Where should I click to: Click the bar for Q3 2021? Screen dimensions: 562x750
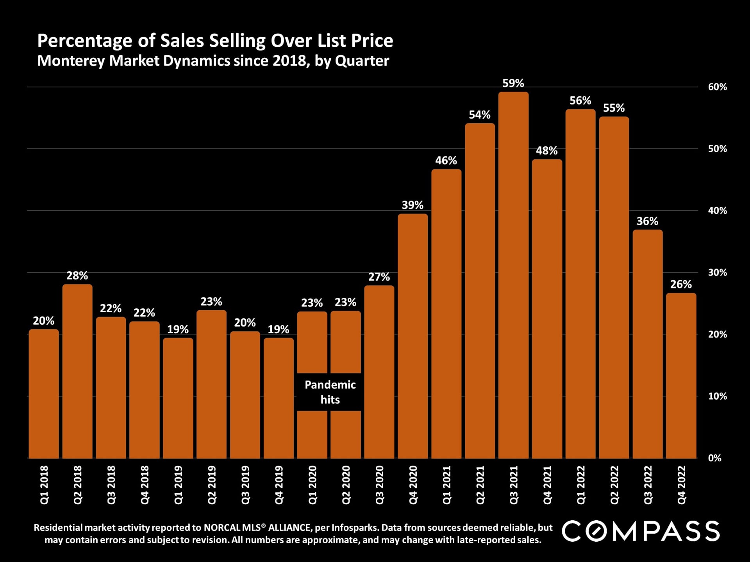pos(513,275)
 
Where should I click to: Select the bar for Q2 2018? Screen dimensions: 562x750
pos(77,371)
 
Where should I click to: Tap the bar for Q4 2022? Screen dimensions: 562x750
pos(681,375)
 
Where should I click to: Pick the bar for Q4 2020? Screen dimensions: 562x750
pos(413,336)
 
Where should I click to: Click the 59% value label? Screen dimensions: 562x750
pos(513,83)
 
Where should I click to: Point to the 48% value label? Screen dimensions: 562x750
pos(546,151)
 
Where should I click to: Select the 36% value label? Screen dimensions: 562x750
pos(647,221)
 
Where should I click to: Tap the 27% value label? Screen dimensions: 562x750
pos(379,277)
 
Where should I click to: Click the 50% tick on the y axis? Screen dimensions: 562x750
pos(717,149)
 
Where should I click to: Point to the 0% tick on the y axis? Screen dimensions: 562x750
pos(714,458)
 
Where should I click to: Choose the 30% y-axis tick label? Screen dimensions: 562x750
pos(717,272)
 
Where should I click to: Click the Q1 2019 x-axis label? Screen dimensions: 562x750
pos(178,485)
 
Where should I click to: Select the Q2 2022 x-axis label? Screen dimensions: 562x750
pos(614,485)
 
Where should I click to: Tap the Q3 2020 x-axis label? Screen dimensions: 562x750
pos(379,485)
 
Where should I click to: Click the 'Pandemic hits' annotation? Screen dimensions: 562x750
pos(330,392)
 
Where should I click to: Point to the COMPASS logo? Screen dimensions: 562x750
pos(641,531)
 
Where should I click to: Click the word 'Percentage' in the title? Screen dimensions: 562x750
pos(85,41)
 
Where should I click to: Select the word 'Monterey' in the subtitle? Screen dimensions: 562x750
pos(71,61)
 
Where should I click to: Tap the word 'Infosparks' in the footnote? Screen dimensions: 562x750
pos(355,528)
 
